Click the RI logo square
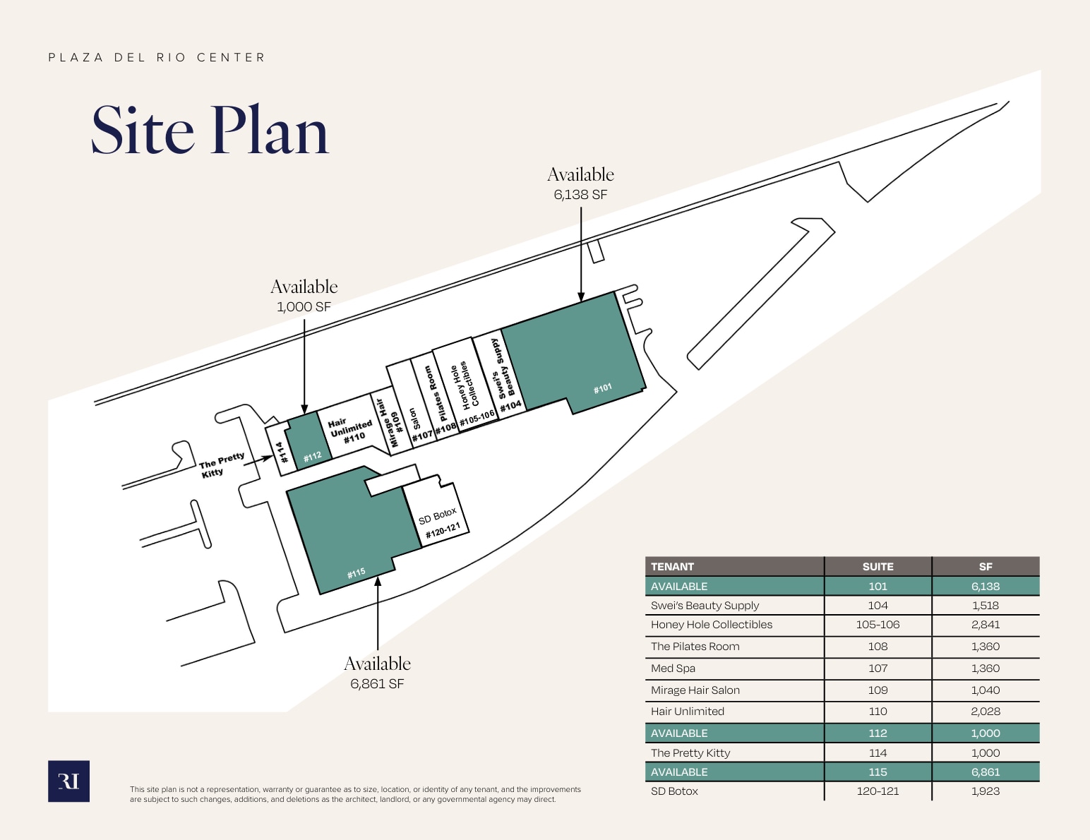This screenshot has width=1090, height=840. point(68,781)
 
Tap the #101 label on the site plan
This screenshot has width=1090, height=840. point(602,388)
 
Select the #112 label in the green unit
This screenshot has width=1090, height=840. point(312,457)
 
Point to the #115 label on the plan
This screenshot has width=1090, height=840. point(356,573)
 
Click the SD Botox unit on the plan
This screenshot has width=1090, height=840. point(436,512)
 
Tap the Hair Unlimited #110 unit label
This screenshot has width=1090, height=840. point(351,431)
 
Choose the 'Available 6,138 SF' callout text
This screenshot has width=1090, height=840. point(580,184)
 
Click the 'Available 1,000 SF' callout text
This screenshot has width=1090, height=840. point(304,296)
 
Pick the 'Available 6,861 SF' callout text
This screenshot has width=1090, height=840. point(377,673)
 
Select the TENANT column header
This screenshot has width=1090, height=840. point(672,567)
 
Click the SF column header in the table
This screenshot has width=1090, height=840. point(985,567)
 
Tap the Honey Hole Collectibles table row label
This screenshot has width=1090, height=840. point(712,625)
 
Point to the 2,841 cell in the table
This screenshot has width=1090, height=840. point(985,625)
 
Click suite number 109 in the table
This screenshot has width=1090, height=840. point(878,690)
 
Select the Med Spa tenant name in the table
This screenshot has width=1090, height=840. point(673,668)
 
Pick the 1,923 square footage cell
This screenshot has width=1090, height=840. point(985,791)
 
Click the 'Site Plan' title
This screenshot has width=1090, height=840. point(210,130)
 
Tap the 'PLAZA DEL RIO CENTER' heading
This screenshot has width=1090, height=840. point(156,58)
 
